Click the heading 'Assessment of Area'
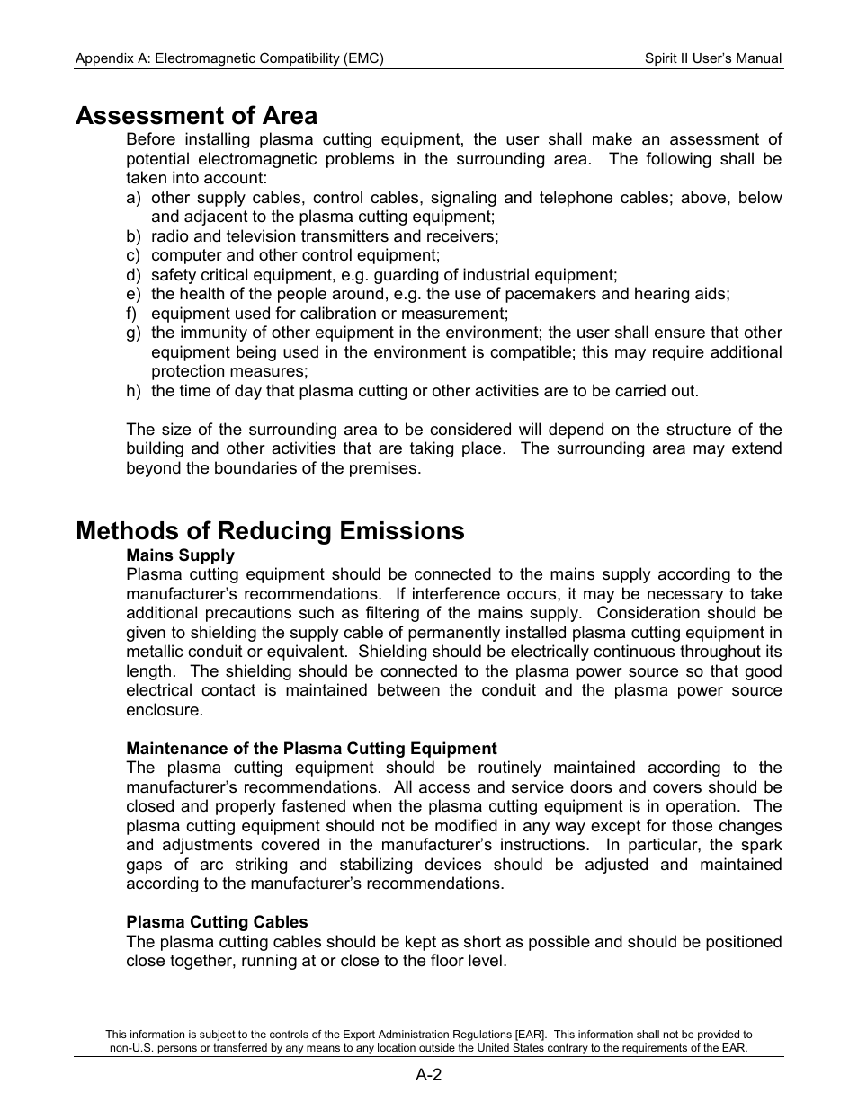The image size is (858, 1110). (196, 116)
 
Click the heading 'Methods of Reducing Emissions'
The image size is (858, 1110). (270, 531)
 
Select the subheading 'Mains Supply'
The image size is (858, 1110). (180, 555)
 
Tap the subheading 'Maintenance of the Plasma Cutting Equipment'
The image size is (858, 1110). (311, 749)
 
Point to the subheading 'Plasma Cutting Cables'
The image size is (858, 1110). (217, 922)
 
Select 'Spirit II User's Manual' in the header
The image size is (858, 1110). (712, 58)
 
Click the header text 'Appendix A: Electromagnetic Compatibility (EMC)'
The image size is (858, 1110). (229, 58)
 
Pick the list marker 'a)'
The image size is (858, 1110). (133, 198)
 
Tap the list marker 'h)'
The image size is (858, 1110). (133, 391)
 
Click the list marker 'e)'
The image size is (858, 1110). (133, 294)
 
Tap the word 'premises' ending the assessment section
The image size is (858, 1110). (387, 468)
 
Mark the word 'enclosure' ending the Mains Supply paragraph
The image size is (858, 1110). (163, 710)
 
